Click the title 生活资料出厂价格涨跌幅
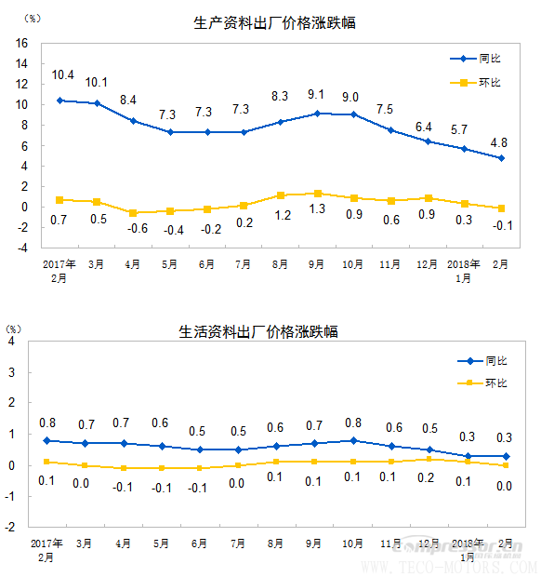coord(258,331)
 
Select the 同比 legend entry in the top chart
coord(490,59)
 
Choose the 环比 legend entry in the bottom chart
coord(496,383)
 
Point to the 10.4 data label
coord(63,74)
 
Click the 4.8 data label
coord(498,142)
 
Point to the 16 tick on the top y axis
coord(21,43)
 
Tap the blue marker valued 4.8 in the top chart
coord(501,158)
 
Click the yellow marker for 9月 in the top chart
coord(318,194)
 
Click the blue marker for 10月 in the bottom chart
coord(354,440)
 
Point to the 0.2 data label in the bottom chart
coord(429,480)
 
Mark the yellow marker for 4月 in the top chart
coord(133,213)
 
